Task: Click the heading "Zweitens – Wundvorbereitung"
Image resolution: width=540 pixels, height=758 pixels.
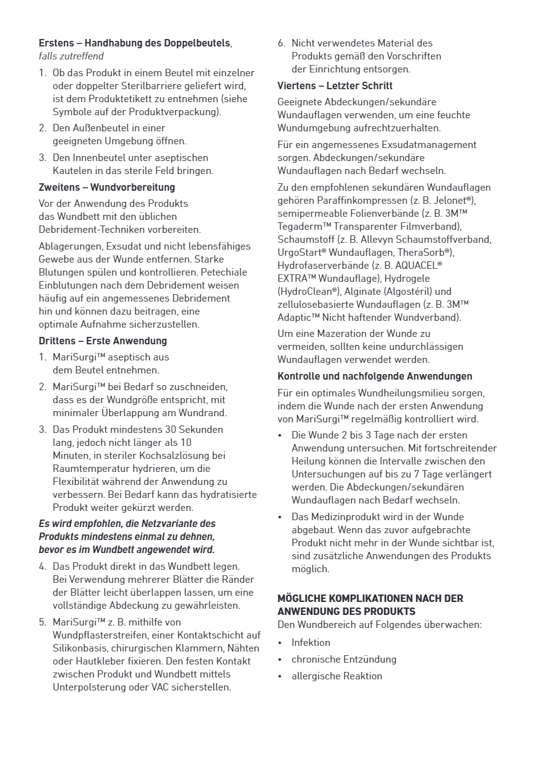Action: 106,187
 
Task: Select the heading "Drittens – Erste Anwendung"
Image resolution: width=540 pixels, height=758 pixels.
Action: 103,341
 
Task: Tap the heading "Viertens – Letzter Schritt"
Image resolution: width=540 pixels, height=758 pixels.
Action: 335,85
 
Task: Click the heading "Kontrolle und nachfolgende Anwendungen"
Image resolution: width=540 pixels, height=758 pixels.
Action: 375,376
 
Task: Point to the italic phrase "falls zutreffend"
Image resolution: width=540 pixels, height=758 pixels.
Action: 71,56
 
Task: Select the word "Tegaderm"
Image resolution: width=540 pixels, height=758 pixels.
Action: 299,226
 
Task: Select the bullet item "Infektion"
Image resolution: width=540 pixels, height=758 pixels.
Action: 311,642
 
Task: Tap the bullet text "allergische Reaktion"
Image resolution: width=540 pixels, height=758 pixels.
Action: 336,676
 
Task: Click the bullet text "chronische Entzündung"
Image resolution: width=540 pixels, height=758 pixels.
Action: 344,659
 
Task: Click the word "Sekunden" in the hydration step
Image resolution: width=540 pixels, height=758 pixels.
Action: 202,429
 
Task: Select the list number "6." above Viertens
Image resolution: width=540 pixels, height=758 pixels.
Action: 281,43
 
